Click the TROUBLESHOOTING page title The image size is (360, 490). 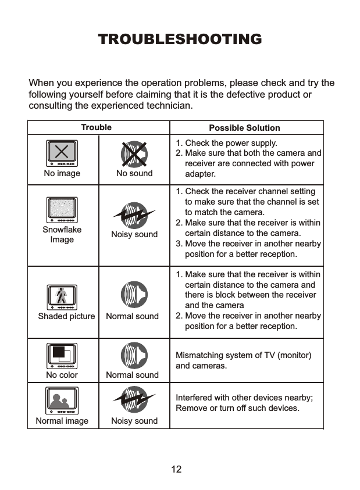click(x=180, y=40)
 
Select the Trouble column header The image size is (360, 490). click(x=97, y=127)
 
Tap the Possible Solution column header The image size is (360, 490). click(x=244, y=128)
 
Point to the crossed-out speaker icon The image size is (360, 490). click(x=134, y=153)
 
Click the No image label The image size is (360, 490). click(x=62, y=173)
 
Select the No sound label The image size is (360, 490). click(x=134, y=173)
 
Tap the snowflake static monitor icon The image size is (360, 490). click(x=62, y=210)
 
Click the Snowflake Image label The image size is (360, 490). click(x=62, y=234)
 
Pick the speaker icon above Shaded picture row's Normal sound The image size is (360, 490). click(x=134, y=295)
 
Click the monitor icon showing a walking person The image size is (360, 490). click(x=62, y=297)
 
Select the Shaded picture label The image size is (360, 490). click(x=66, y=316)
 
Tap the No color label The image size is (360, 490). click(x=62, y=375)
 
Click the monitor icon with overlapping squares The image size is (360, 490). click(x=62, y=356)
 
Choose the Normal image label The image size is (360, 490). click(x=62, y=421)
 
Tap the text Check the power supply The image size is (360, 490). click(x=231, y=143)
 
